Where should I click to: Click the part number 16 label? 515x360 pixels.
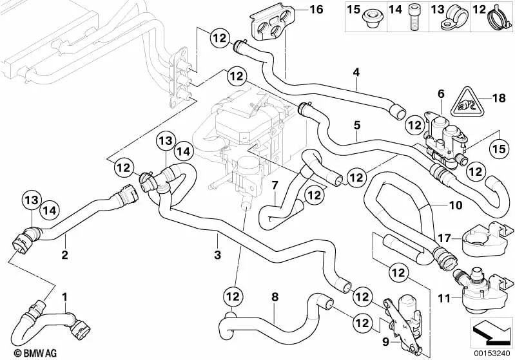coord(315,10)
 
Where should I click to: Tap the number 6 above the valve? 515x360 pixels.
coord(441,94)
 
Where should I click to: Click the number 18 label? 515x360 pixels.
coord(498,98)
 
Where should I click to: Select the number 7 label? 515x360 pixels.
coord(274,185)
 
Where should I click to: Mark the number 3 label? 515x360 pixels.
coord(217,256)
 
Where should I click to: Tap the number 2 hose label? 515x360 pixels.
coord(64,255)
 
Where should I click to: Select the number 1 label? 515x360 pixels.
coord(64,297)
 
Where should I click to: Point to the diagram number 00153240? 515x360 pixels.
coord(491,353)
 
